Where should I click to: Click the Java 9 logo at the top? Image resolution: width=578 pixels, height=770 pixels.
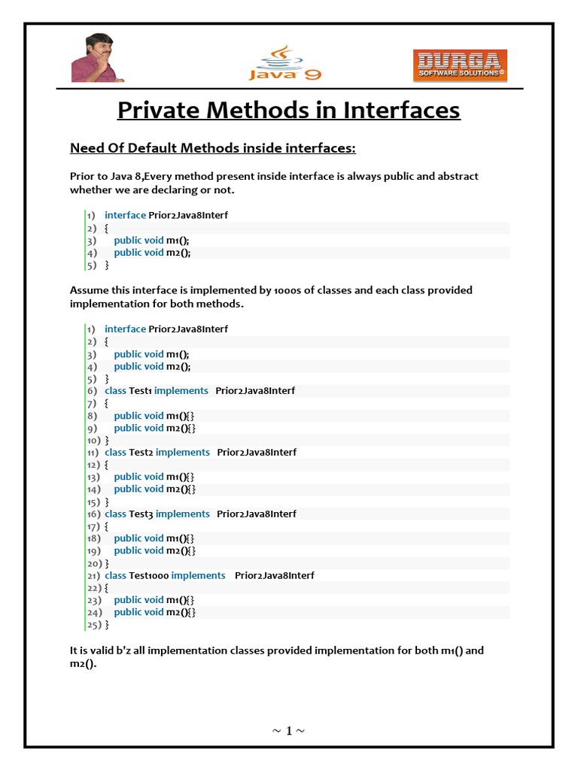280,63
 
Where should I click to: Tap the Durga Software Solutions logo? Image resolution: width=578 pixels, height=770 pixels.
460,65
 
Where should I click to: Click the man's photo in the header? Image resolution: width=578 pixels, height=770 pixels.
98,59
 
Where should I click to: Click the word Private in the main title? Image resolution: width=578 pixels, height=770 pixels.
159,110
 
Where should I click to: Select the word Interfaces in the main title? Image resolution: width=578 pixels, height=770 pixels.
402,110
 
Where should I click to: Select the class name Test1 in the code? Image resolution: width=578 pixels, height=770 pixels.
140,391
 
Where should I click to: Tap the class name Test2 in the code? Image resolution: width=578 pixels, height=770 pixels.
141,453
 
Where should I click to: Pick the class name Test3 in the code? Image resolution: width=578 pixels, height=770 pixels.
141,514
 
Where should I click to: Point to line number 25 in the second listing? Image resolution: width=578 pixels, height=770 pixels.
93,625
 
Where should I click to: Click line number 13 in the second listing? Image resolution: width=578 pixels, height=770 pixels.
93,477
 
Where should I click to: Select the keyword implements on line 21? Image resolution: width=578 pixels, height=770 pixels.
198,576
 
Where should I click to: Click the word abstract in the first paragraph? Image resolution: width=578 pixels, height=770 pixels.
454,176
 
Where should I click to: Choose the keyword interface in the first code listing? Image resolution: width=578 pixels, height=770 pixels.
125,215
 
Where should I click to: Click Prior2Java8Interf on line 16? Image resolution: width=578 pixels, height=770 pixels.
257,514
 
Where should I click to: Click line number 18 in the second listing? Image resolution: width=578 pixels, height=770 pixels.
93,539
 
